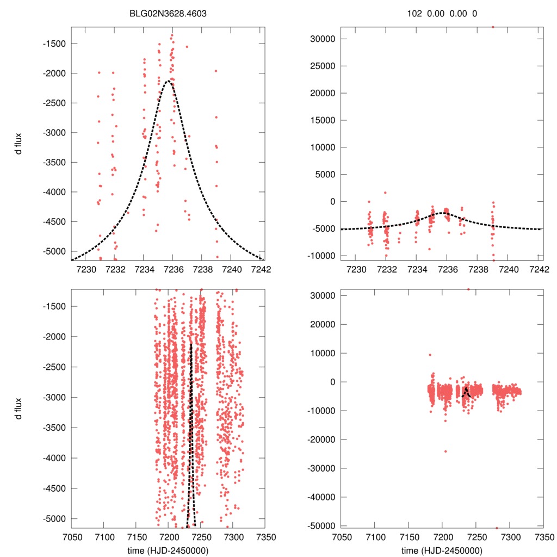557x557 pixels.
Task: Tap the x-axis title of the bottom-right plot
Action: click(442, 550)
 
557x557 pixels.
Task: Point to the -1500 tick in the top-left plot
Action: click(57, 44)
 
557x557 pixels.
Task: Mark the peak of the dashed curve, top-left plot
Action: click(170, 81)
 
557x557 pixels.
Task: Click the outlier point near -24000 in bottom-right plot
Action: click(445, 451)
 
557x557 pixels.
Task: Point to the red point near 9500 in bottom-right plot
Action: click(430, 355)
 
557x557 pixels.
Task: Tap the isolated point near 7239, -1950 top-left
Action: click(216, 71)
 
